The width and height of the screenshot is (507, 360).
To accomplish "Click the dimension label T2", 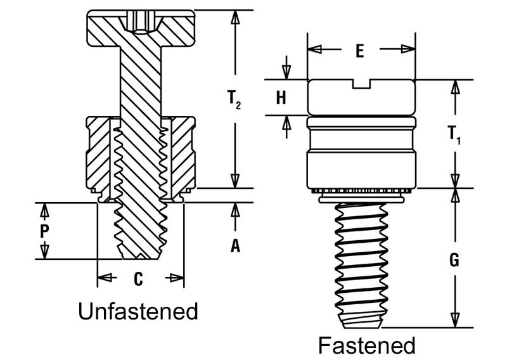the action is coord(234,99).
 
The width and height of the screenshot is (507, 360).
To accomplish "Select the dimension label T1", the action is coord(454,134).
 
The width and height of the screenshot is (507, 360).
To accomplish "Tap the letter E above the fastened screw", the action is coord(359,51).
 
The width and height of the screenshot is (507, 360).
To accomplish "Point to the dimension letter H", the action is coord(281,98).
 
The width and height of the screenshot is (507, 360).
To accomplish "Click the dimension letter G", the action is coord(454,259).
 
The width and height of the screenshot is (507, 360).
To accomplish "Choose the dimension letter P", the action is coord(44,231).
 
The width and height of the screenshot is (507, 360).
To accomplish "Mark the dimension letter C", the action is coord(138,279).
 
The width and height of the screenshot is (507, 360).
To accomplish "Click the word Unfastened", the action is coord(138,311).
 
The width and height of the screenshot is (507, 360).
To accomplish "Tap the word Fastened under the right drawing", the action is coord(367,345).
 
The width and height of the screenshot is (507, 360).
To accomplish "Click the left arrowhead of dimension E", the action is coord(314,49).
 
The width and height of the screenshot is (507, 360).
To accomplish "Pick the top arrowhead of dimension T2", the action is coord(235,16).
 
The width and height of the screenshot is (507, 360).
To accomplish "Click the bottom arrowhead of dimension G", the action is coord(455,320).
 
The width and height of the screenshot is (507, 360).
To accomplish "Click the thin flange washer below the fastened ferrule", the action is coord(361,200).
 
